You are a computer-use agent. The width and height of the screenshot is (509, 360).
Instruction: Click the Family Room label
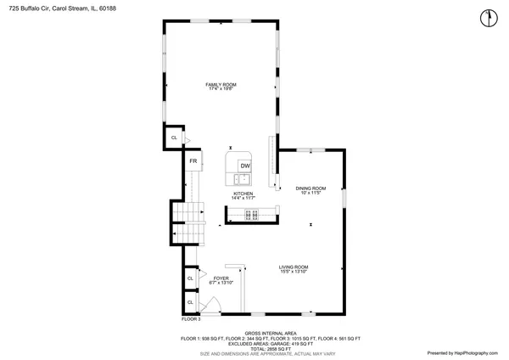(x=220, y=84)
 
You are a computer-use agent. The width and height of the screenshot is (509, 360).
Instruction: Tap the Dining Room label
(x=310, y=188)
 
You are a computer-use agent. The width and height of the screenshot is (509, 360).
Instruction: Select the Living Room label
(x=294, y=267)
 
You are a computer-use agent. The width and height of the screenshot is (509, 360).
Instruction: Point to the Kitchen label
(x=243, y=194)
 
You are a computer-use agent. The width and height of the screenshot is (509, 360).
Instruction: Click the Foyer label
(x=221, y=278)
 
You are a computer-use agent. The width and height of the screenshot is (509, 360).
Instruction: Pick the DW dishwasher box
(x=244, y=166)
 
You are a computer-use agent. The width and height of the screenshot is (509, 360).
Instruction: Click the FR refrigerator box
(x=193, y=160)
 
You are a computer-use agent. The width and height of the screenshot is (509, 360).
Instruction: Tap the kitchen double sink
(x=243, y=179)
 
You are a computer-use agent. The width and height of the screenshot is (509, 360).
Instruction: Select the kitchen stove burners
(x=251, y=213)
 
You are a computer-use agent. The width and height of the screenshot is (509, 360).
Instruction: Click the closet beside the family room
(x=174, y=138)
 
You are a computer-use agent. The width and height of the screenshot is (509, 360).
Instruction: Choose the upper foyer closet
(x=190, y=278)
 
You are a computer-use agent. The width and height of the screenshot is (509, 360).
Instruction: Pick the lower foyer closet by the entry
(x=190, y=303)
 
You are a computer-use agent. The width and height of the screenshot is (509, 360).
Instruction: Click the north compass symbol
(x=487, y=17)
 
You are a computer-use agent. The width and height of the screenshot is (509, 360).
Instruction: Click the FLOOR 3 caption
(x=191, y=319)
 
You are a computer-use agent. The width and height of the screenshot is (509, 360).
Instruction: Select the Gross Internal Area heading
(x=270, y=333)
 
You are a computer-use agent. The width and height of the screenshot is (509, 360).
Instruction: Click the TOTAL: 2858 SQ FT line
(x=270, y=348)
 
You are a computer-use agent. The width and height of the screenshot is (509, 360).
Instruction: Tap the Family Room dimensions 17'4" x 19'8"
(x=220, y=89)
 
